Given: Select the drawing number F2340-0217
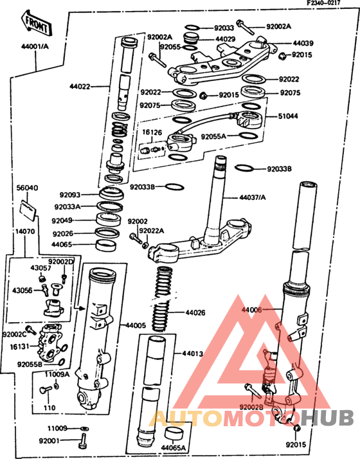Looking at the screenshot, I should [331, 4].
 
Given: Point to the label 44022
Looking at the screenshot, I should [81, 85].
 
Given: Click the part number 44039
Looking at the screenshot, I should [303, 43].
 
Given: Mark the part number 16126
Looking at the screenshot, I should [152, 132].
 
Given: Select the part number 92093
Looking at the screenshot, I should [71, 194].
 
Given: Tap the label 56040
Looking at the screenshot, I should [27, 188].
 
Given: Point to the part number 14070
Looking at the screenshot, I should [26, 230].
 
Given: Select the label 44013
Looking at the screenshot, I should [192, 353].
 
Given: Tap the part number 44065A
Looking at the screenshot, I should [173, 447].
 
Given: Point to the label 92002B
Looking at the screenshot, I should [251, 406].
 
